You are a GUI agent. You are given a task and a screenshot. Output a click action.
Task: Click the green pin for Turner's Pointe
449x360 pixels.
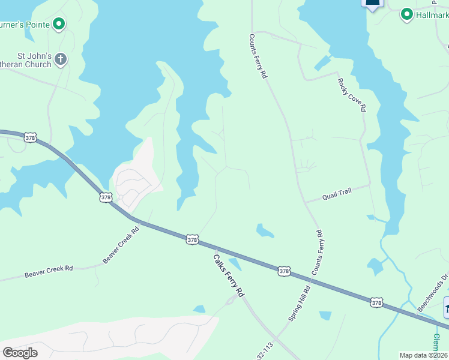[x=59, y=25]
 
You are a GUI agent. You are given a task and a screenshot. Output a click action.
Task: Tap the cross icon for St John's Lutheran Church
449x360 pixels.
[x=60, y=59]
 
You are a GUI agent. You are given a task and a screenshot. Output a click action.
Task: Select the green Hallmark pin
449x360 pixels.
[x=406, y=14]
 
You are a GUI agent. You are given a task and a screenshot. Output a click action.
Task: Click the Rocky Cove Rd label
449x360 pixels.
[x=351, y=95]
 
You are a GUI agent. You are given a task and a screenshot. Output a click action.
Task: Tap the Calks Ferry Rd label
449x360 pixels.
[x=229, y=275]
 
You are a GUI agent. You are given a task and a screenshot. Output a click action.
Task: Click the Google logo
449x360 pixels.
[x=20, y=352]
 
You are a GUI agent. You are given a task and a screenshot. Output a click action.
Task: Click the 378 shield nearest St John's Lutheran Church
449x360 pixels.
[x=31, y=138]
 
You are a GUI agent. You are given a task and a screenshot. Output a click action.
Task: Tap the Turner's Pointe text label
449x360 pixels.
[x=24, y=25]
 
